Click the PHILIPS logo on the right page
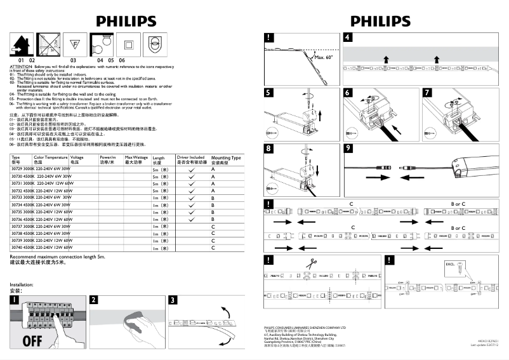[380, 21]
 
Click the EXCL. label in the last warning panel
[450, 263]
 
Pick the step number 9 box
[348, 149]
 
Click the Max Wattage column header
[136, 159]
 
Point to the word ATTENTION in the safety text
[21, 66]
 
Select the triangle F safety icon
[73, 44]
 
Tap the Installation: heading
[22, 284]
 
